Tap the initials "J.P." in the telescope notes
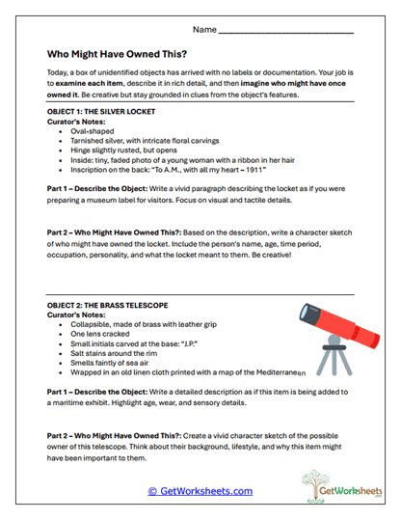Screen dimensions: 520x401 [197, 344]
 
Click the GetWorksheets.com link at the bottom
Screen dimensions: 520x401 [200, 491]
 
